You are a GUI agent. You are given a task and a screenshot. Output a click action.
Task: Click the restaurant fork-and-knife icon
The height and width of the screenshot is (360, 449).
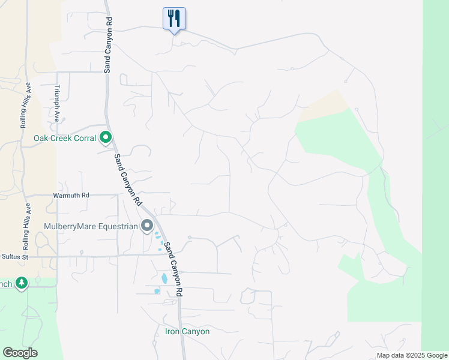click(174, 18)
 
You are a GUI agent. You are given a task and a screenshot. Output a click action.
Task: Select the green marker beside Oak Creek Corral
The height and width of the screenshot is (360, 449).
click(106, 138)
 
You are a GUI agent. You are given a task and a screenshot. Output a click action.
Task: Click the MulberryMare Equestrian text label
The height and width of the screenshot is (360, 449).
click(91, 226)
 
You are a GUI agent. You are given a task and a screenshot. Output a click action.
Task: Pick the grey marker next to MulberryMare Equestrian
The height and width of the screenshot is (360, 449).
click(147, 226)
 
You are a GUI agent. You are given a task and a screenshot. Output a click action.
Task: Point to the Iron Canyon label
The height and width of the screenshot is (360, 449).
click(187, 331)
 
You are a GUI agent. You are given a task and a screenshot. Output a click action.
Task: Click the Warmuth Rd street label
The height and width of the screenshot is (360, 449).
click(71, 195)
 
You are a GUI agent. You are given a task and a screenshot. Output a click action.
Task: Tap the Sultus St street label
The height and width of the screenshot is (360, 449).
click(15, 257)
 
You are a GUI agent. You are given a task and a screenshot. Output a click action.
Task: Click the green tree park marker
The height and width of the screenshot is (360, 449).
click(22, 283)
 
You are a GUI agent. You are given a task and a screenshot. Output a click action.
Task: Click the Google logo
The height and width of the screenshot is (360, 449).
click(20, 352)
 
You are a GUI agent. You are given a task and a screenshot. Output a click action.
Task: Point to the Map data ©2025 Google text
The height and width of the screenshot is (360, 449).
click(412, 355)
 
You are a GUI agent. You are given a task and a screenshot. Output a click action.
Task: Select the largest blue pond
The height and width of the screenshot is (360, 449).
click(164, 278)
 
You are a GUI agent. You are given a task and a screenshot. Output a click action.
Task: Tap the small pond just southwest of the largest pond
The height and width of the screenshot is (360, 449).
click(157, 291)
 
